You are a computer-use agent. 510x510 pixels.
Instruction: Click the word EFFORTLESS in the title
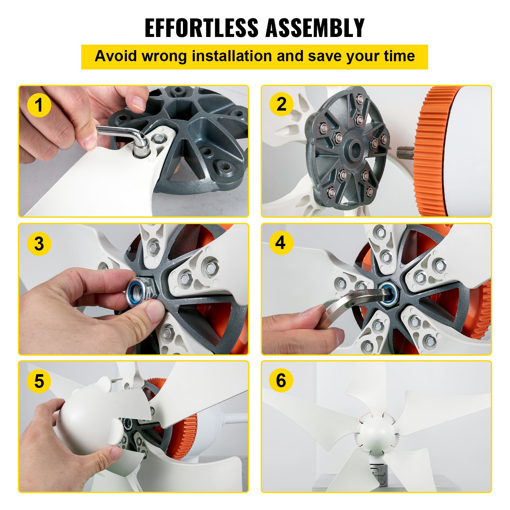point(201,28)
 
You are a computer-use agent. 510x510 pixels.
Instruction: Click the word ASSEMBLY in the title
point(315,28)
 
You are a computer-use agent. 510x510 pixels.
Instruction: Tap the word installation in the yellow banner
point(232,56)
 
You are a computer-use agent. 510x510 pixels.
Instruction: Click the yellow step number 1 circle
point(39,105)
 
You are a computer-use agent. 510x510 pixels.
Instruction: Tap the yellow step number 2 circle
point(281,104)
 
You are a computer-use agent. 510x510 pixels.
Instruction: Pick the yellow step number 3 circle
point(39,244)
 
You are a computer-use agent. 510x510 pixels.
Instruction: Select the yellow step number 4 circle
point(280,243)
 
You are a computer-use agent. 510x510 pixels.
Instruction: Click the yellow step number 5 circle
point(39,381)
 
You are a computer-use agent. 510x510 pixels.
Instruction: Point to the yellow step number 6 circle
point(280,380)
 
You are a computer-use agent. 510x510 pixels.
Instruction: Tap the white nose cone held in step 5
point(86,418)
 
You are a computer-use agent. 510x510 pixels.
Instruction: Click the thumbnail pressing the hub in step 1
point(138,103)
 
